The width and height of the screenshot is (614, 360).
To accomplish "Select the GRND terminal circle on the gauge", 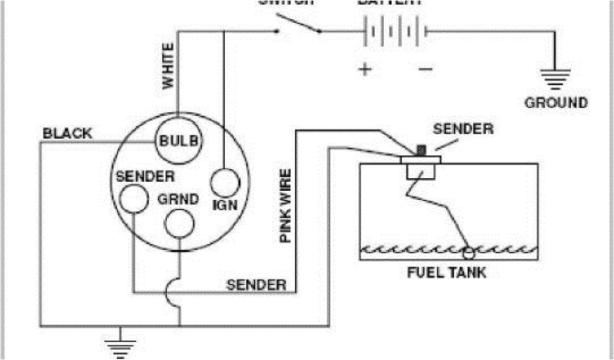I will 179,224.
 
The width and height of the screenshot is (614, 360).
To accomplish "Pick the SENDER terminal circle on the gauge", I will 133,197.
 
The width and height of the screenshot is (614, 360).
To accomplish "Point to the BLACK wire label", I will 67,133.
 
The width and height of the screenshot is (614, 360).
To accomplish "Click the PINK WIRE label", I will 286,206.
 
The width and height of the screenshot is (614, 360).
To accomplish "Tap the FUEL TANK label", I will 447,273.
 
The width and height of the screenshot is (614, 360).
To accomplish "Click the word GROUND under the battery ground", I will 556,103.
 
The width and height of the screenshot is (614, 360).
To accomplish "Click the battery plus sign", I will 365,69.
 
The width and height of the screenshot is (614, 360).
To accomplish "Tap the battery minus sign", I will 425,69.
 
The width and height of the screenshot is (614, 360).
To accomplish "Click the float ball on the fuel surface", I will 468,250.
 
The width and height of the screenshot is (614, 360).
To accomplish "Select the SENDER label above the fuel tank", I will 463,129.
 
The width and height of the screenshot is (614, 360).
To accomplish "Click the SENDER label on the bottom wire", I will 256,284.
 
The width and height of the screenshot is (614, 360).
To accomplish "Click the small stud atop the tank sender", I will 421,149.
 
